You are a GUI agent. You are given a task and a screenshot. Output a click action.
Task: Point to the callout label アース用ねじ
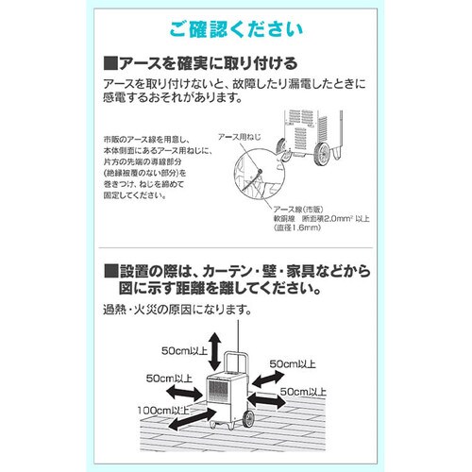tap(238, 137)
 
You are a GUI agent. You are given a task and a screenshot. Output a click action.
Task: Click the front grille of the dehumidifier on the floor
tap(220, 397)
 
